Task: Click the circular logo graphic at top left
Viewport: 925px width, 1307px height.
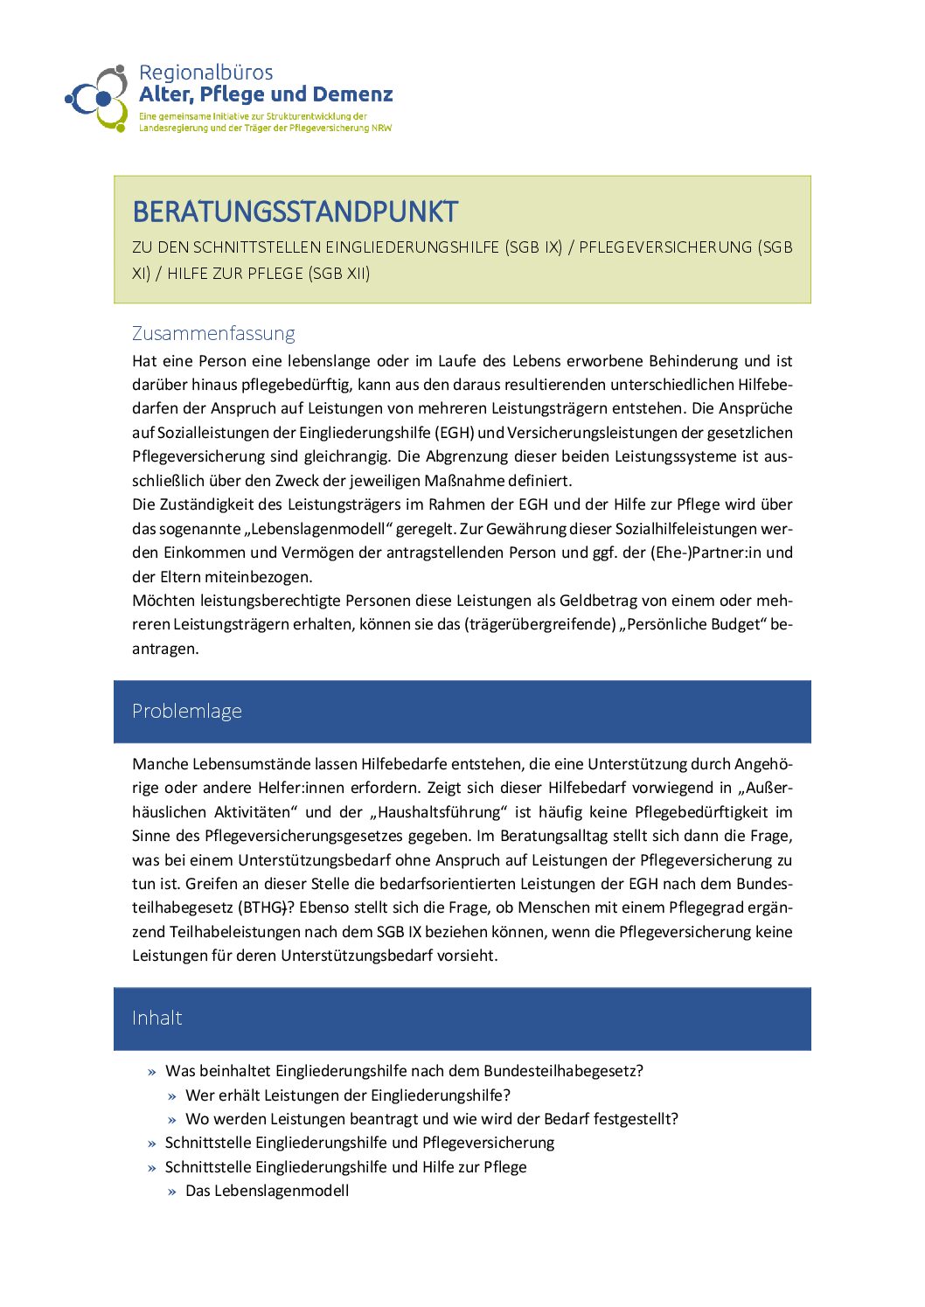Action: point(97,97)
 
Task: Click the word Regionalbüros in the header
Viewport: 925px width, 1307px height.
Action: point(205,73)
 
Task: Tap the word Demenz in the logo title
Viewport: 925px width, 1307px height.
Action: point(352,94)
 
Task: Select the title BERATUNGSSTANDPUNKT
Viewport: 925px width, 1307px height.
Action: point(295,212)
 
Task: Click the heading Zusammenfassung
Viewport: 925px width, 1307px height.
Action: point(213,333)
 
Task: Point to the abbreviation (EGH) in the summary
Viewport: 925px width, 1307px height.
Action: point(454,433)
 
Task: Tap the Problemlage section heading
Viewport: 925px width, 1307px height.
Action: point(187,711)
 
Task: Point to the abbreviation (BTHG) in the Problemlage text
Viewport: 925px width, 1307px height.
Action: point(261,907)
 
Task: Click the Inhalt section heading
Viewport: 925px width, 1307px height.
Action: point(157,1018)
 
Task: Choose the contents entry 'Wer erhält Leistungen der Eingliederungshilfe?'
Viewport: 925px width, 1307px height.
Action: point(348,1095)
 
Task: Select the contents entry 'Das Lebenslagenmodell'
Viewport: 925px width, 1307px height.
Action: point(268,1191)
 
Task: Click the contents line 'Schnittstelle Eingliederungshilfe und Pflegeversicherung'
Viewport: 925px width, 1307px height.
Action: point(359,1143)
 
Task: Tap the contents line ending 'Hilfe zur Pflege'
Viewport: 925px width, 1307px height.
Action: point(346,1167)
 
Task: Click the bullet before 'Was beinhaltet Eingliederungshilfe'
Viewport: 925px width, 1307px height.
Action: point(152,1072)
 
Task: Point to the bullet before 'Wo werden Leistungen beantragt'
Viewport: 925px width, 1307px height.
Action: point(172,1120)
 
